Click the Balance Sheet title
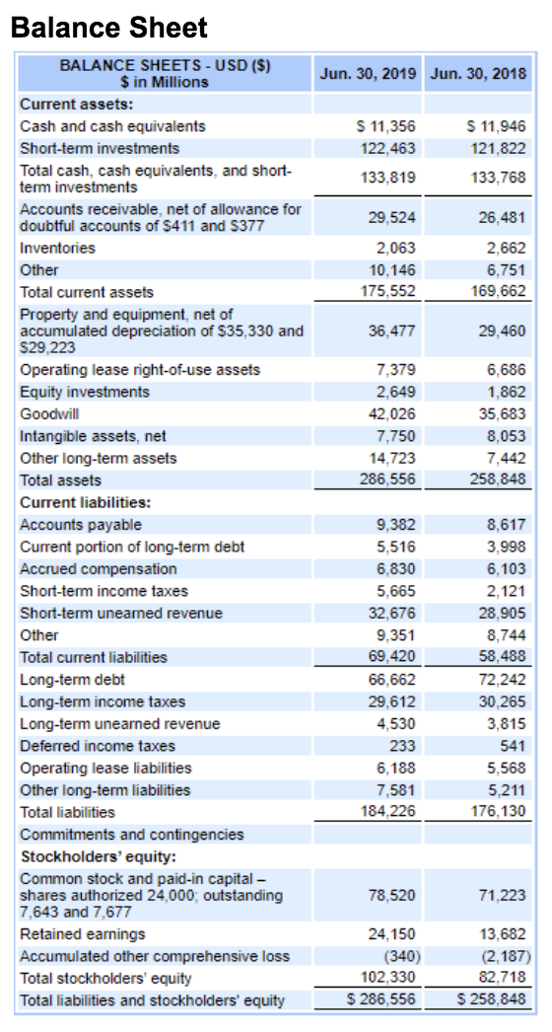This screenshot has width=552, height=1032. [x=109, y=27]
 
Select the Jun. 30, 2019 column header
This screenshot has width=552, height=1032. [x=368, y=73]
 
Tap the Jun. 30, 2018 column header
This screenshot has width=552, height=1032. [x=478, y=73]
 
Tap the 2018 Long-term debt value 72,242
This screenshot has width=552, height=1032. [x=504, y=679]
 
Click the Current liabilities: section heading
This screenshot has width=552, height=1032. [x=86, y=502]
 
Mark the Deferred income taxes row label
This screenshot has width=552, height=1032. [x=98, y=746]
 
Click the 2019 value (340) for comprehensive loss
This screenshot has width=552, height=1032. [x=399, y=956]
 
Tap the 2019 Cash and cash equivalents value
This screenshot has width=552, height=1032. [x=385, y=125]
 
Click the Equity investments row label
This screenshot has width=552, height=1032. [x=85, y=393]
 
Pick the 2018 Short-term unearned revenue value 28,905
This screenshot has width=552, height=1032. [x=504, y=613]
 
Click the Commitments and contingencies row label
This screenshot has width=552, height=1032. [x=132, y=835]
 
